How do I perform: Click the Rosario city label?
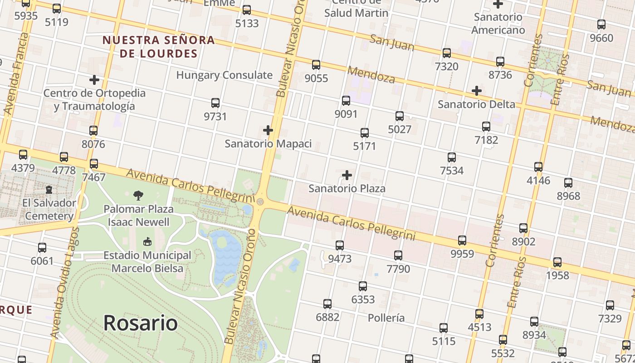(140, 323)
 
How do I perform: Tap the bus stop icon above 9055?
(316, 65)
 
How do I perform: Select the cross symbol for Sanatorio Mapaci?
(268, 131)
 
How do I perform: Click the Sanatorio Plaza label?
(347, 188)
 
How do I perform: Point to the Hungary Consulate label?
(224, 75)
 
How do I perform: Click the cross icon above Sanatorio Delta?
(476, 91)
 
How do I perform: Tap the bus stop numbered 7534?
(452, 157)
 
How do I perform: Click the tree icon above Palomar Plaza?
(138, 196)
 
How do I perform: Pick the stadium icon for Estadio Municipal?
(147, 242)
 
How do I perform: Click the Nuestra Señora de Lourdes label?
(158, 47)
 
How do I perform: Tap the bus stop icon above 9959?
(462, 240)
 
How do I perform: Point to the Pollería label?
(386, 318)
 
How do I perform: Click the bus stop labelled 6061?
(42, 248)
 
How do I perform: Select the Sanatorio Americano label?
(498, 24)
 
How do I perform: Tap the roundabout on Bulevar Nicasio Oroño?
(260, 201)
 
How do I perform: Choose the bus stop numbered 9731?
(215, 103)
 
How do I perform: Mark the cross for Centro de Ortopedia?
(94, 80)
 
